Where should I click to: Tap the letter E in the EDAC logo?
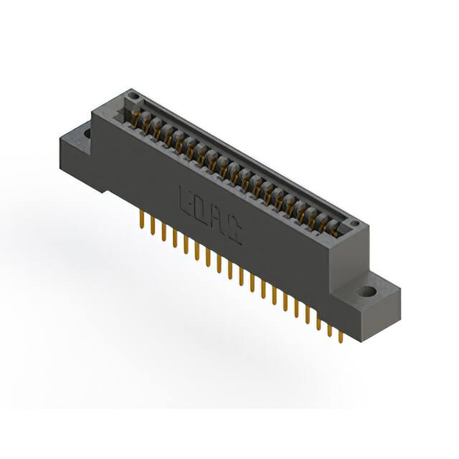[x=184, y=199]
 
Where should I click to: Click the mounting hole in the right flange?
[x=369, y=293]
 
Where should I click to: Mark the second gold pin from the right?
[x=330, y=324]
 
